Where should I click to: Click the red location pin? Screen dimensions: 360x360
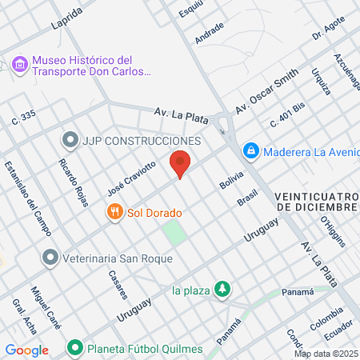180,162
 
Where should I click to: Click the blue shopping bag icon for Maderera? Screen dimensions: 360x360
250,150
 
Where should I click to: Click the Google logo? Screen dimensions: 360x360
26,350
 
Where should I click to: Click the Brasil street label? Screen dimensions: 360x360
247,197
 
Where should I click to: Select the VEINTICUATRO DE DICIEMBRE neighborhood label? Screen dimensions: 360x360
314,202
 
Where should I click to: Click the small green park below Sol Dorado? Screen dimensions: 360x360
174,234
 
